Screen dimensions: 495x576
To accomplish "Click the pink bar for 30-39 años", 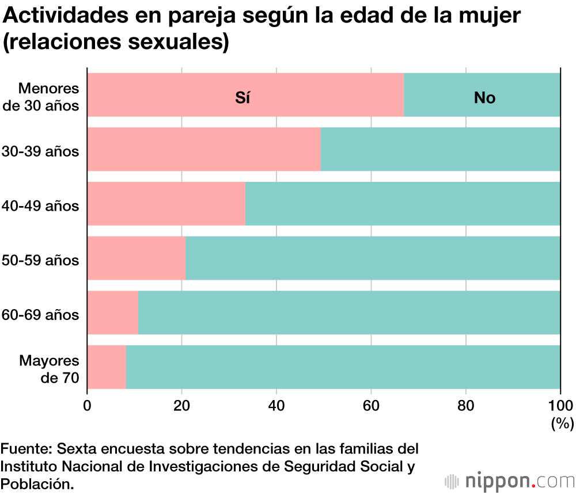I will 204,150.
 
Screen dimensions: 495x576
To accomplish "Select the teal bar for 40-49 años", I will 402,204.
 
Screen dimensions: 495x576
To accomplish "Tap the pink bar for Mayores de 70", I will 107,367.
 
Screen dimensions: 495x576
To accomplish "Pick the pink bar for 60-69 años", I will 113,313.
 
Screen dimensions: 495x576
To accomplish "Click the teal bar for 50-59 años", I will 373,258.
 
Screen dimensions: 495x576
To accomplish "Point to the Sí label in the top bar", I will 242,98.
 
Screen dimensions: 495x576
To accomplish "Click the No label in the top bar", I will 484,98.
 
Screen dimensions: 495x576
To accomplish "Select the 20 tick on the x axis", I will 182,405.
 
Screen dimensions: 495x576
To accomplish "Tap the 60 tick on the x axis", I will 371,405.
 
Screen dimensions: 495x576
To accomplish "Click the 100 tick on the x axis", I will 560,405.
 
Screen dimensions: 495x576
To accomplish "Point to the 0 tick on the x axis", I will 88,405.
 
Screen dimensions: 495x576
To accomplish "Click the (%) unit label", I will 562,424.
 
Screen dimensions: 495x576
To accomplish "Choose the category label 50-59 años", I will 40,260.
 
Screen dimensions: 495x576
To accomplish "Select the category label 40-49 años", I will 40,205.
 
